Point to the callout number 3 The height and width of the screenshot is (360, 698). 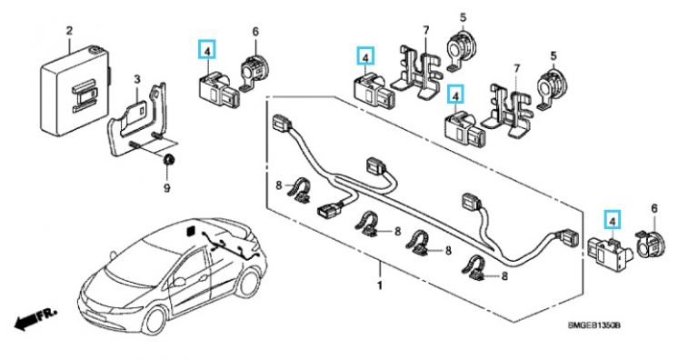pos(135,80)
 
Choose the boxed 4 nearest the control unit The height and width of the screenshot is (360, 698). pos(208,51)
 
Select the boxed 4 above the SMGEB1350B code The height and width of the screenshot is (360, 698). pos(613,219)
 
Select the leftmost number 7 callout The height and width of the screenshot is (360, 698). pos(424,33)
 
